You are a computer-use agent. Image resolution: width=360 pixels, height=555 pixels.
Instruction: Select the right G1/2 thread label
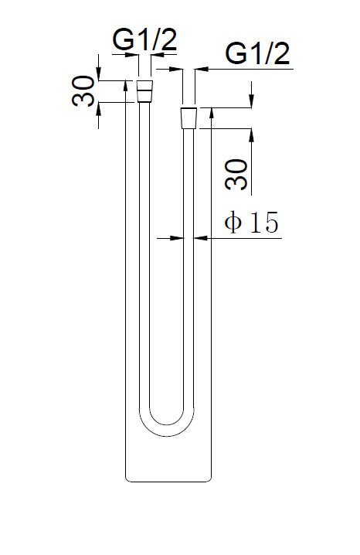257,55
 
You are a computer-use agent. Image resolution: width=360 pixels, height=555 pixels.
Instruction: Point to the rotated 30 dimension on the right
239,174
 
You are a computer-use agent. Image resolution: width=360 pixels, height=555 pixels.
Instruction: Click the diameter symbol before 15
234,223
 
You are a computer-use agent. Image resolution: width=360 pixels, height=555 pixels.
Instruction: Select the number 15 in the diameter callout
262,223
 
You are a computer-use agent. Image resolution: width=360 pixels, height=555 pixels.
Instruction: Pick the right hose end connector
188,118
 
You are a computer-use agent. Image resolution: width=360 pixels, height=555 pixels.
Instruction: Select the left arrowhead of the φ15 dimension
177,239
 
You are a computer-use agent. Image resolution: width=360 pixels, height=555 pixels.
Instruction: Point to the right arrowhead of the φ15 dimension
199,239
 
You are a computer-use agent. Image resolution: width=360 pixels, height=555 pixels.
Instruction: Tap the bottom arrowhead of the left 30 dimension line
100,107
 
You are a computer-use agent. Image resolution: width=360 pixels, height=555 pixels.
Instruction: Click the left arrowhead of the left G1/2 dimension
134,56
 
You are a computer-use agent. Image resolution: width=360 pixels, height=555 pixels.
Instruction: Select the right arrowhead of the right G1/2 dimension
199,70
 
